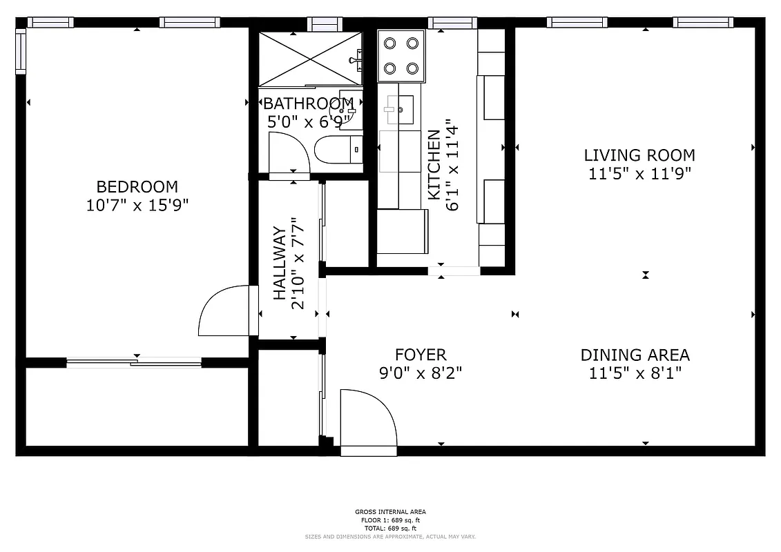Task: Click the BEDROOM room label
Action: [137, 186]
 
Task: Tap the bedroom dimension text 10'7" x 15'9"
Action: [137, 205]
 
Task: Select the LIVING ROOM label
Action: [639, 155]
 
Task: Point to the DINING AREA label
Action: [635, 355]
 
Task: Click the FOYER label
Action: [421, 355]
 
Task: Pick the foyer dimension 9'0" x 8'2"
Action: [421, 373]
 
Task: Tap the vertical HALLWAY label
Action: [280, 263]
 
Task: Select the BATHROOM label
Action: [309, 104]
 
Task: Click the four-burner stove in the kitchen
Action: [401, 55]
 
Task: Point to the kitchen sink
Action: [399, 109]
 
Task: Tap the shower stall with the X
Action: [310, 59]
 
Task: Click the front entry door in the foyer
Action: [369, 421]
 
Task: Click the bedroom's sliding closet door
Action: [135, 362]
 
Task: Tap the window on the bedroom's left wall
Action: [20, 52]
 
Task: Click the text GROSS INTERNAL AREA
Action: [391, 511]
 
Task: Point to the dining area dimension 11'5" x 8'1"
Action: [635, 373]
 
